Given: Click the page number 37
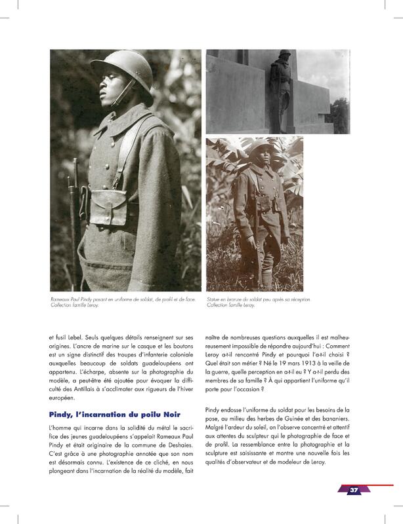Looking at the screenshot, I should point(353,491).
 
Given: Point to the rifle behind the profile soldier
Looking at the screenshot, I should point(74,210).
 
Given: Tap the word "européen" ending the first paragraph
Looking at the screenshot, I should point(64,398).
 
